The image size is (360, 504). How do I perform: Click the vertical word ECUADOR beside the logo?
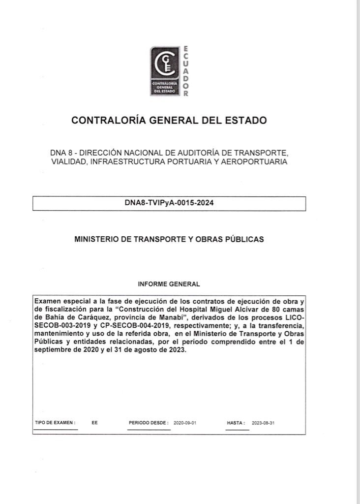pos(185,72)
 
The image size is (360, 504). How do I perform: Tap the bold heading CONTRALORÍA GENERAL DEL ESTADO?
pos(169,120)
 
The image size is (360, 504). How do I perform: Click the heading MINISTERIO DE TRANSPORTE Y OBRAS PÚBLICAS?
pos(169,239)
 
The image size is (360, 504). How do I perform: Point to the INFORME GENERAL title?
pos(169,284)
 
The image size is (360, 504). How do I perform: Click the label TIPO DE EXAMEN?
pos(55,423)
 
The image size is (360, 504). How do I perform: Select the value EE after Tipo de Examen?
pos(94,423)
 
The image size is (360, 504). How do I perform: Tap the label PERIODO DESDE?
pos(149,423)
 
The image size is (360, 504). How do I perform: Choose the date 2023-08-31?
pos(263,423)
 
